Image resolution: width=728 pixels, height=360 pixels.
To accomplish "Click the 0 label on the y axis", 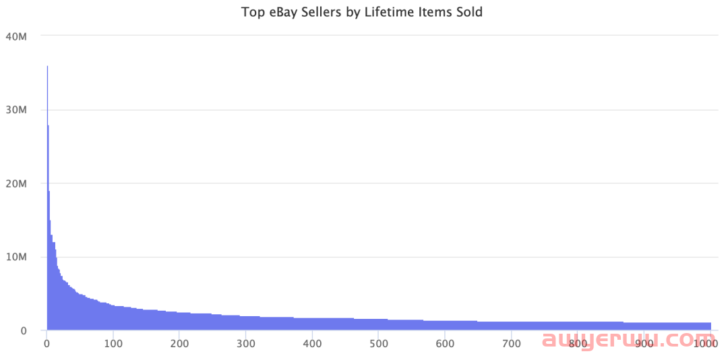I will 24,331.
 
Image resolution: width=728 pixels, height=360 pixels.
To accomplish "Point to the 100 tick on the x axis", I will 113,344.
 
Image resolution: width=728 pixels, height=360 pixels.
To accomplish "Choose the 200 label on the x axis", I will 179,344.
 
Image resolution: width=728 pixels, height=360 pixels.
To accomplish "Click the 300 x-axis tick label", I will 245,344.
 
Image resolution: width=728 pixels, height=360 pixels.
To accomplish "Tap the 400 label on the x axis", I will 312,344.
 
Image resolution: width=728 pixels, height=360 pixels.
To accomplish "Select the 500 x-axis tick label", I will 378,344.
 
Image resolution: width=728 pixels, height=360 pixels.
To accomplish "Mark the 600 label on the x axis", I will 445,344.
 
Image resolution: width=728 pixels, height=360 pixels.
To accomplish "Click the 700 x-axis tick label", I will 511,344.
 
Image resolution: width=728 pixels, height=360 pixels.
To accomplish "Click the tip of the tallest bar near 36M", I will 47,67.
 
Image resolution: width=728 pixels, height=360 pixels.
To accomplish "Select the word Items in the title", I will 431,12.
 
